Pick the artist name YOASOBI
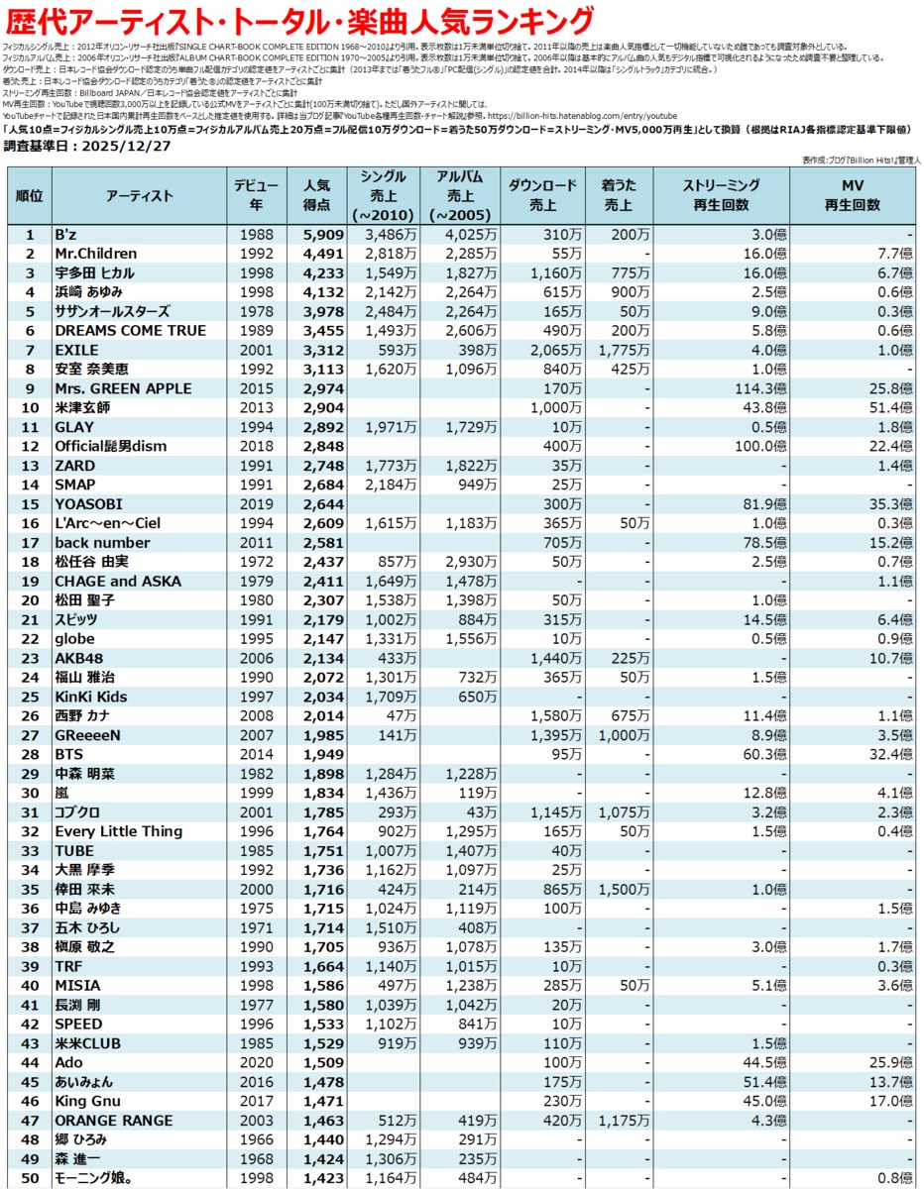tap(88, 504)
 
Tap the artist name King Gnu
tap(87, 1101)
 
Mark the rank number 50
tap(30, 1178)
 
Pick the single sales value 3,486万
tap(388, 235)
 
